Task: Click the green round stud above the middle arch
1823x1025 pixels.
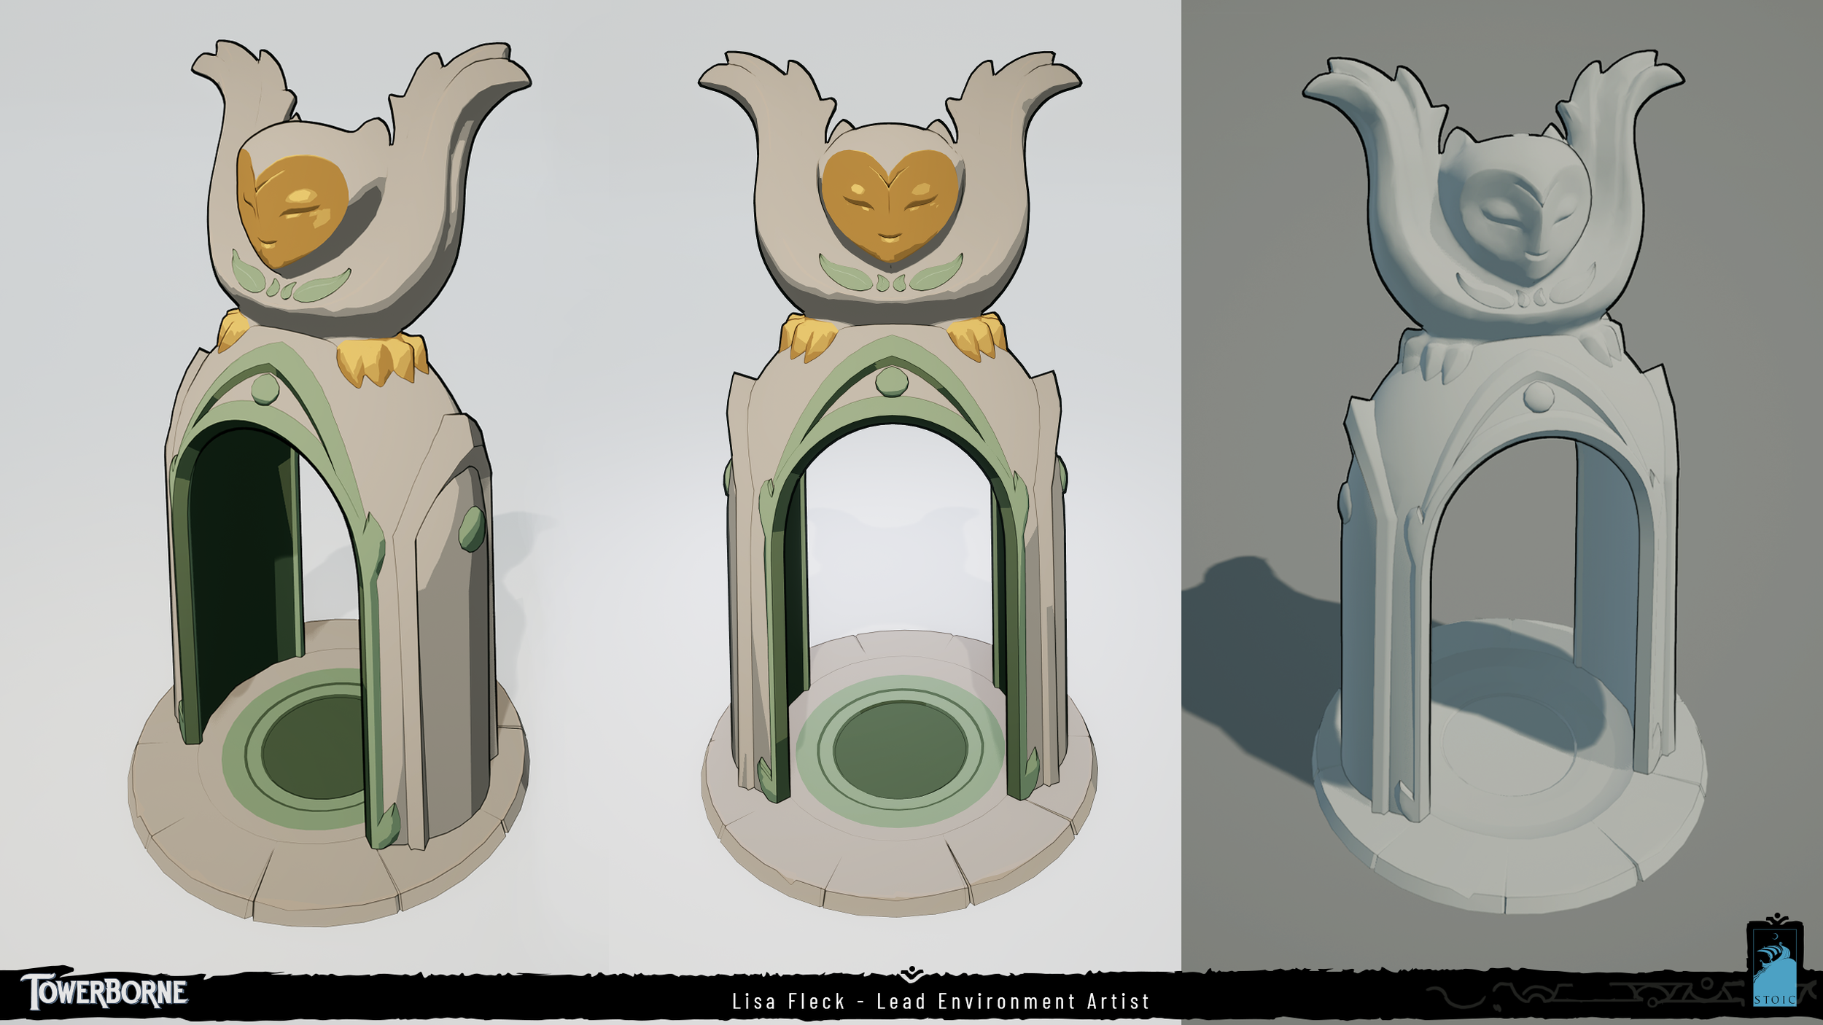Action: pyautogui.click(x=889, y=381)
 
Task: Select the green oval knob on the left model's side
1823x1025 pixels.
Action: pyautogui.click(x=472, y=528)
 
